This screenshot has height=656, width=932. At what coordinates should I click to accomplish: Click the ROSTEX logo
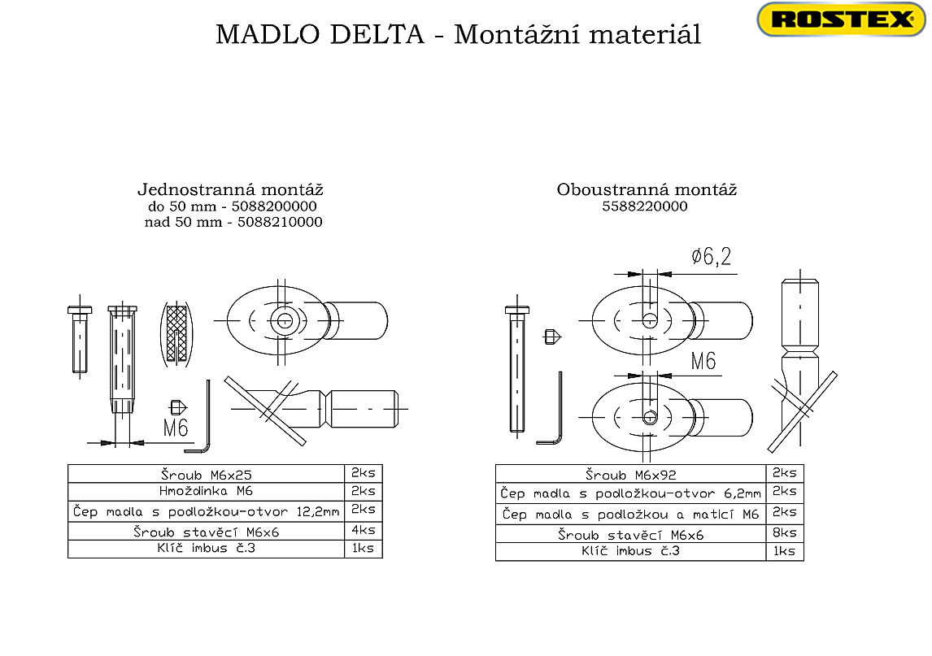pos(840,20)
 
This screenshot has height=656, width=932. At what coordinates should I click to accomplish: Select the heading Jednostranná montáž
pos(230,190)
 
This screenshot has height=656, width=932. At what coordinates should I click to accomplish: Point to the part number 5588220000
pos(645,206)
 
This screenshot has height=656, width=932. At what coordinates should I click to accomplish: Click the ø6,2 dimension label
pos(711,258)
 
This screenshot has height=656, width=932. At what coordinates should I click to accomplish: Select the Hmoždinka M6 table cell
pos(206,491)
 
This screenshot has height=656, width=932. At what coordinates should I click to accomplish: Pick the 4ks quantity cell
pos(363,530)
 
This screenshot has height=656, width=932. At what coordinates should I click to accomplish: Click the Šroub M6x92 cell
pos(630,475)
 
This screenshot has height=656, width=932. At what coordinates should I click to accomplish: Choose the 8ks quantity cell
pos(784,533)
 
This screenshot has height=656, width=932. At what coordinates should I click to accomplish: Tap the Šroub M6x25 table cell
pos(206,473)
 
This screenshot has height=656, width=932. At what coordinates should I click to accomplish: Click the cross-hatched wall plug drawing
pos(176,333)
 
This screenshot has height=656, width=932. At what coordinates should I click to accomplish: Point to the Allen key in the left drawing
pos(203,423)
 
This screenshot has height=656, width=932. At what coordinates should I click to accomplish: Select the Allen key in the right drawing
pos(553,415)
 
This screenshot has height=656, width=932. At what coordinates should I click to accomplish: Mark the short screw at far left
pos(78,337)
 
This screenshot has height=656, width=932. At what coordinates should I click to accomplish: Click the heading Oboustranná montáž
pos(647,190)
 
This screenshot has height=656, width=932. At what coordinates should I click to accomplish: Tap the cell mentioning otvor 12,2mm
pos(206,511)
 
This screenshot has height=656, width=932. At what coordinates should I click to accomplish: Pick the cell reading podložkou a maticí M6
pos(630,514)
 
